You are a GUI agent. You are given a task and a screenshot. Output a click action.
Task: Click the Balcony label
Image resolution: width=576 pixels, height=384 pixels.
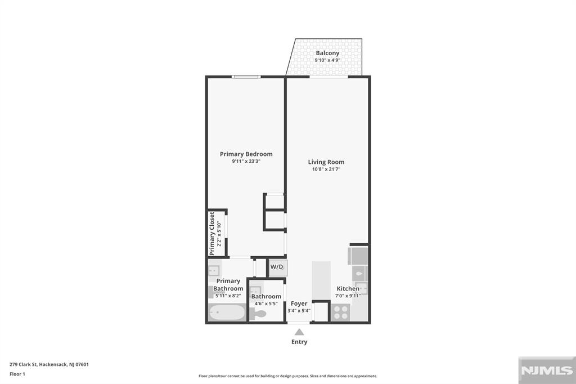pos(327,53)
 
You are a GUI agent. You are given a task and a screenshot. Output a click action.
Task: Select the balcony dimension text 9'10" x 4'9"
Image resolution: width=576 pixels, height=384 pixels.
pos(327,60)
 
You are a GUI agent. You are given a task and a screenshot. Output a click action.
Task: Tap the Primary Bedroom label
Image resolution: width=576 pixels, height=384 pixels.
pos(246,154)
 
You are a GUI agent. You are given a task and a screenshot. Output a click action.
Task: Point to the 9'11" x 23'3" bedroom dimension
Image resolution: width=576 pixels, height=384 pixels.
pos(246,161)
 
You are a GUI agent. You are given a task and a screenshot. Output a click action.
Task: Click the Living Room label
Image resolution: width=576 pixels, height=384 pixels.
pos(326,162)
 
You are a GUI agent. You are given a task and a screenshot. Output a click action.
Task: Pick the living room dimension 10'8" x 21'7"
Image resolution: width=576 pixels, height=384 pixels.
pos(326,169)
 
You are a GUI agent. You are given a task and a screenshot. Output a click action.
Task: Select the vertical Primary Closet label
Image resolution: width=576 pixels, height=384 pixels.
pos(212,233)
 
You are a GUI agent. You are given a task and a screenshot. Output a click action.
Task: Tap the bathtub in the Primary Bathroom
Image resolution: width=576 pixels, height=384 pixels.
pos(226,312)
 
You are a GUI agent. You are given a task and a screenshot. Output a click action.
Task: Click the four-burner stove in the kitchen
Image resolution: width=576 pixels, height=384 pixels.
pos(340,312)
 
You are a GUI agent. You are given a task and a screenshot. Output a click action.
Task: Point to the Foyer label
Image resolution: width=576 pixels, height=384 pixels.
pos(299,303)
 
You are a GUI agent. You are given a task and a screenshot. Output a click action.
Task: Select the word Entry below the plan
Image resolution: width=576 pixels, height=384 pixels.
pos(299,342)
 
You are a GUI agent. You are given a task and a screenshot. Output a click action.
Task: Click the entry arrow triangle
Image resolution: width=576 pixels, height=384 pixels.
pos(299,332)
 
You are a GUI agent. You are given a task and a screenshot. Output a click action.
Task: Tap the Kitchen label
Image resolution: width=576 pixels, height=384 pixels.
pos(348,288)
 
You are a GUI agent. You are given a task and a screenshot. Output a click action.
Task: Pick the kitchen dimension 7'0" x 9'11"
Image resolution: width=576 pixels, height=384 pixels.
pos(348,295)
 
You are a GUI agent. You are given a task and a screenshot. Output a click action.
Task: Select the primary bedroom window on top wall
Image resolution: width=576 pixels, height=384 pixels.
pos(246,77)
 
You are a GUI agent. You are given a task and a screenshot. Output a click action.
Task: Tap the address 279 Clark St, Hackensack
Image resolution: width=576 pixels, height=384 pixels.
pos(49,364)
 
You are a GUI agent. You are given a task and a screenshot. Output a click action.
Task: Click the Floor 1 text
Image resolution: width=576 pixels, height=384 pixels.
pos(17,374)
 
